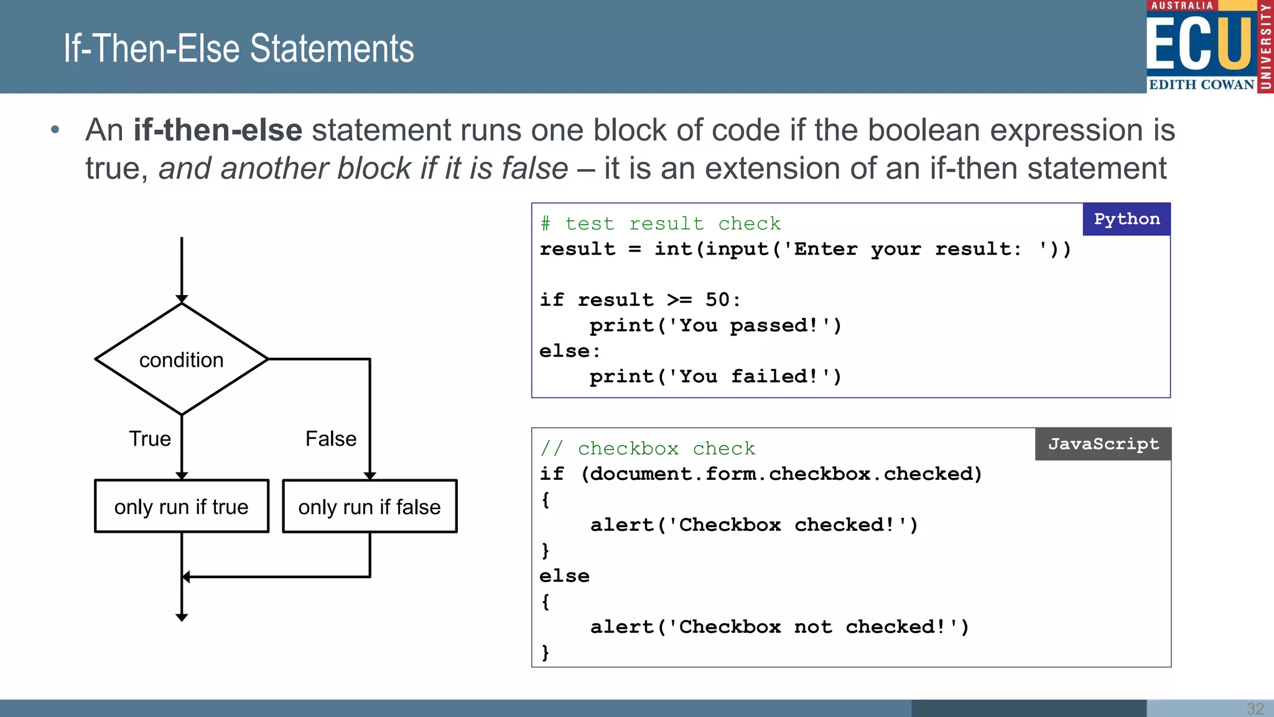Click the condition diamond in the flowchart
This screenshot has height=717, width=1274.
point(181,359)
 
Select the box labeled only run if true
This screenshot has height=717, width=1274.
point(181,506)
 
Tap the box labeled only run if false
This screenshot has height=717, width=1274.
point(370,506)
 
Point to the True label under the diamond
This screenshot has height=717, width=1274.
point(149,439)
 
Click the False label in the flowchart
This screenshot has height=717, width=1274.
point(330,439)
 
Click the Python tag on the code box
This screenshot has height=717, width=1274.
point(1126,219)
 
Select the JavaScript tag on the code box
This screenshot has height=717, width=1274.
point(1103,444)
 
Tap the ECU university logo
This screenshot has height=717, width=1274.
point(1209,47)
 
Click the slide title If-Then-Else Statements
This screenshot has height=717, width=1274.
point(238,49)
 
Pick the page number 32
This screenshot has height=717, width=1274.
point(1255,708)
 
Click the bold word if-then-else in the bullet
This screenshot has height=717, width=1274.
point(218,130)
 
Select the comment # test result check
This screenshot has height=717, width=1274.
point(660,223)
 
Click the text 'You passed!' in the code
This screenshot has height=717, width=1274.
point(755,326)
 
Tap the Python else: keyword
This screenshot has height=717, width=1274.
point(569,351)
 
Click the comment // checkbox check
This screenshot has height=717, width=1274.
point(647,448)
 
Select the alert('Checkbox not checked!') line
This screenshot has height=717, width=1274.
point(779,627)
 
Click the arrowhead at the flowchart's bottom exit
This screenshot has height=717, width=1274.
point(182,616)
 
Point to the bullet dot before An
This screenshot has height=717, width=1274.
point(55,130)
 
